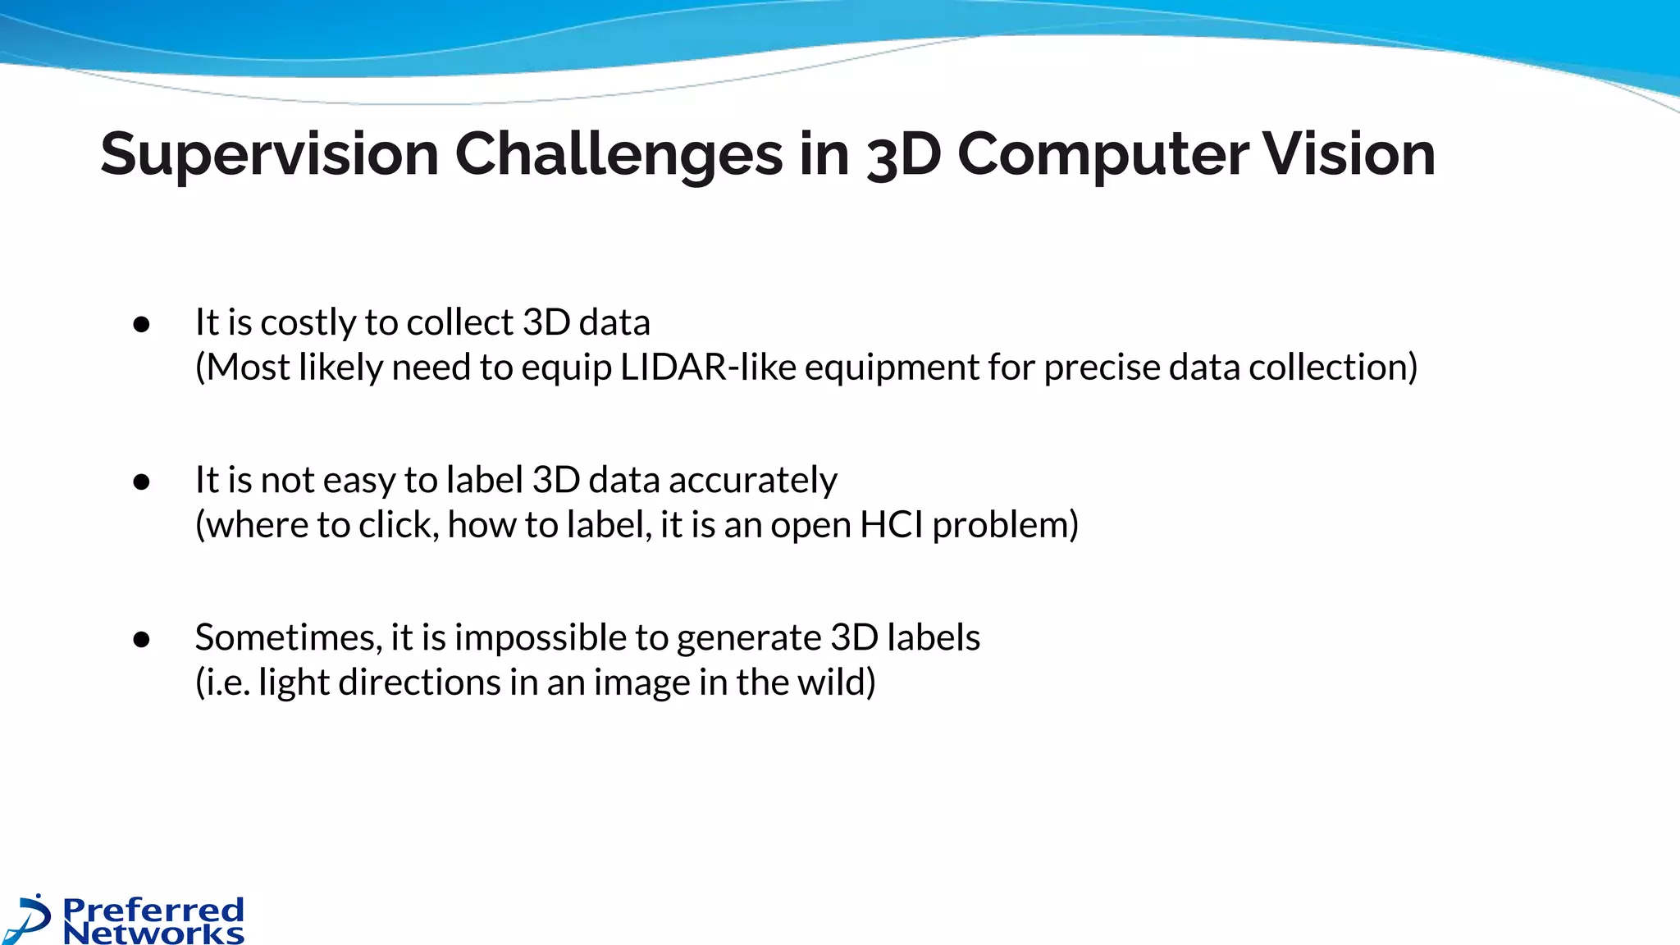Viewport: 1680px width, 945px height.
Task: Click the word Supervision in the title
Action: pyautogui.click(x=269, y=154)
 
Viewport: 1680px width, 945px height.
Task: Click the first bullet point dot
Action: pyautogui.click(x=141, y=324)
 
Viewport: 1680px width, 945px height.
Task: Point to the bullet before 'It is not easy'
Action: pyautogui.click(x=141, y=482)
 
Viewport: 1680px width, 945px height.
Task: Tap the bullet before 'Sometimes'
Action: pyautogui.click(x=141, y=639)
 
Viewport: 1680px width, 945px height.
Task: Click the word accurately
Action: pyautogui.click(x=753, y=481)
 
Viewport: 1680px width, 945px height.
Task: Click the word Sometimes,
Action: pyautogui.click(x=288, y=637)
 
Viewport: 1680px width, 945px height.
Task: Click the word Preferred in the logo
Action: pyautogui.click(x=153, y=909)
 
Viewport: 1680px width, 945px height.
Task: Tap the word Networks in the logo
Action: pyautogui.click(x=153, y=934)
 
